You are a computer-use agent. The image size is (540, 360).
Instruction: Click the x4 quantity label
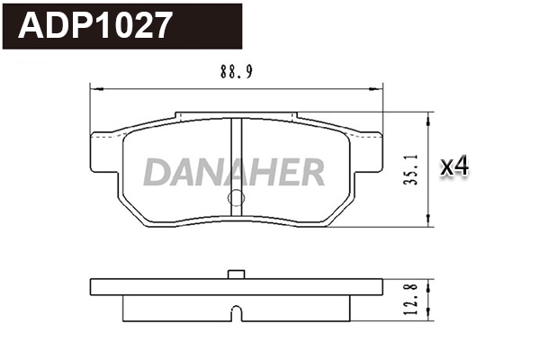(455, 166)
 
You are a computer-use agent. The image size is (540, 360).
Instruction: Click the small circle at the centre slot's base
(236, 199)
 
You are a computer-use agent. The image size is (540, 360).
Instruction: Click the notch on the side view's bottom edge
(236, 314)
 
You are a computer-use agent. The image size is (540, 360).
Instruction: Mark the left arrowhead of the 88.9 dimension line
(95, 88)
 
